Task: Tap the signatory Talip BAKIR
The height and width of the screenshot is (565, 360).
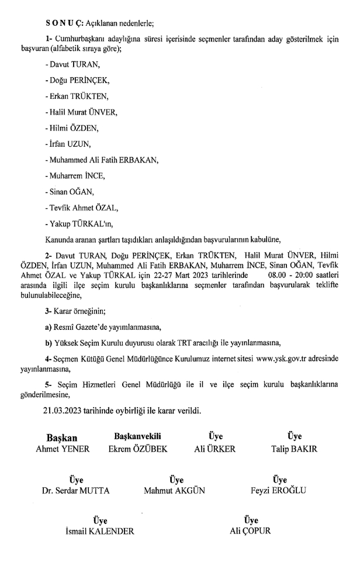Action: [294, 449]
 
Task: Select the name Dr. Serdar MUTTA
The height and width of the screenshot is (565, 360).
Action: [76, 490]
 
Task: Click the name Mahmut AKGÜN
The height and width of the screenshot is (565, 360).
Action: [174, 490]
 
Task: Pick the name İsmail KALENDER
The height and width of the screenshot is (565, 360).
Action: [99, 531]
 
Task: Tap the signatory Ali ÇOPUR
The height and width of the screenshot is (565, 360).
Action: [250, 531]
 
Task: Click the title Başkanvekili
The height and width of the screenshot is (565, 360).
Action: [137, 436]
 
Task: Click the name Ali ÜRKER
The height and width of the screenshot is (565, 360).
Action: [214, 449]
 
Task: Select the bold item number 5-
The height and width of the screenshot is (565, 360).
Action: [49, 383]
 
